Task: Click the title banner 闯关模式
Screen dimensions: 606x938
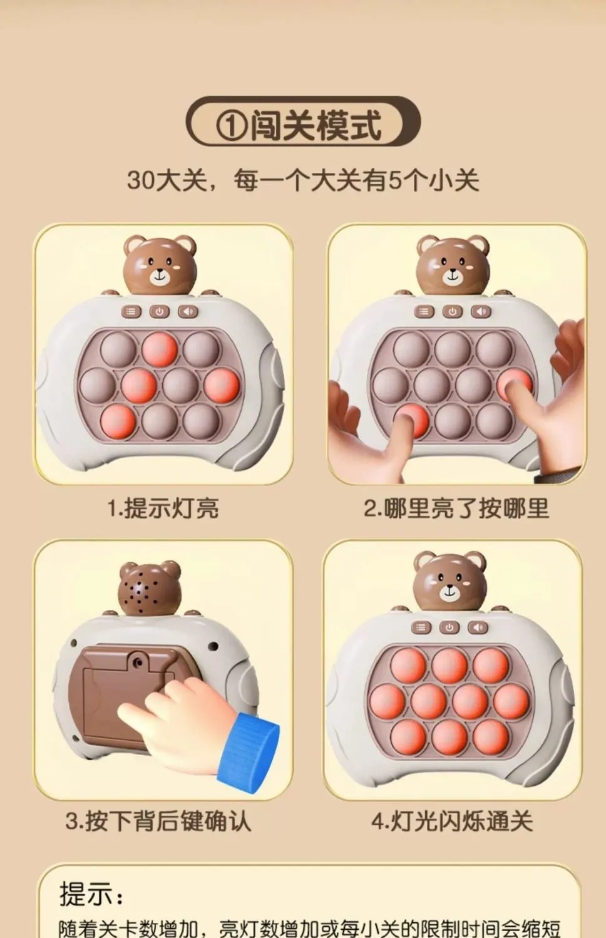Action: tap(303, 122)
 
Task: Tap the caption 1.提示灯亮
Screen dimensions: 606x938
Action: tap(163, 508)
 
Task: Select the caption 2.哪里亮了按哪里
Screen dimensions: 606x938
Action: tap(456, 508)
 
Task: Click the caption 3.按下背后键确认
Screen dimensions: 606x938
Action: tap(158, 821)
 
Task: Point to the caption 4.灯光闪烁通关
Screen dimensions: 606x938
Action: tap(452, 821)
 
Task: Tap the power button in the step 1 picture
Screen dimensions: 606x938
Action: tap(160, 312)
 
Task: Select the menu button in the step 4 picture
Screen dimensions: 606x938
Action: tap(421, 627)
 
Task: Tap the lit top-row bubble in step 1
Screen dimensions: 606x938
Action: tap(160, 349)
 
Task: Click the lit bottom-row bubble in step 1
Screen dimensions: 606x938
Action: tap(118, 421)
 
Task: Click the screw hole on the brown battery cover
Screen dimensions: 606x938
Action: tap(137, 661)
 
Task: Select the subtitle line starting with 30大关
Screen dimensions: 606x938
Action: tap(303, 181)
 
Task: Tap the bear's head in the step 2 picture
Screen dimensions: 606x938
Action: tap(453, 265)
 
